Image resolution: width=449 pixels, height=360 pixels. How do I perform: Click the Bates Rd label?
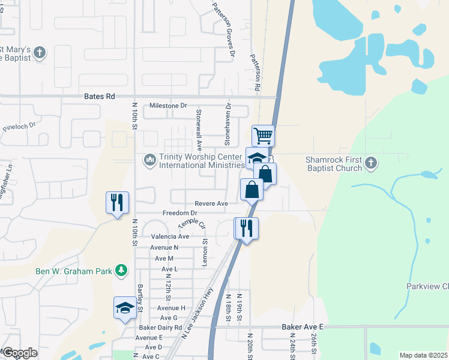pos(99,96)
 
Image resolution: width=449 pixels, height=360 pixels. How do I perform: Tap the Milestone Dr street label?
pos(173,106)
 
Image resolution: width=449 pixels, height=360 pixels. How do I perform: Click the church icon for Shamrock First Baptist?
pos(371,162)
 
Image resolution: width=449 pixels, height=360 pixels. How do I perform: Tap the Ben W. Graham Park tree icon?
pos(121,271)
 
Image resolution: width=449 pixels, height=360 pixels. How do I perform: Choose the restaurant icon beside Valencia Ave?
pos(247,228)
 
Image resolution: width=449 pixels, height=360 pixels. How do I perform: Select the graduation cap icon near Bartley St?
pos(125,308)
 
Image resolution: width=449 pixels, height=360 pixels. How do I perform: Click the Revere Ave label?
pos(211,204)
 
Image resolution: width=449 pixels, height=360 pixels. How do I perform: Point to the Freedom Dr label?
pos(179,214)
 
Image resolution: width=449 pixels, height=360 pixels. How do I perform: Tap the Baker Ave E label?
pos(303,327)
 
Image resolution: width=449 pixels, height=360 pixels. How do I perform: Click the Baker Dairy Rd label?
pos(160,328)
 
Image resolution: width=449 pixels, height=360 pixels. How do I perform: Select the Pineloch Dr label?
pos(19,128)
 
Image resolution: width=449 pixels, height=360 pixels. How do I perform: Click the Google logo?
pos(19,353)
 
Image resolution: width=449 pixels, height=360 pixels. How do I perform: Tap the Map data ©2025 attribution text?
pos(423,355)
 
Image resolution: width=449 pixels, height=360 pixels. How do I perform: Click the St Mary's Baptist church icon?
pos(40,53)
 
